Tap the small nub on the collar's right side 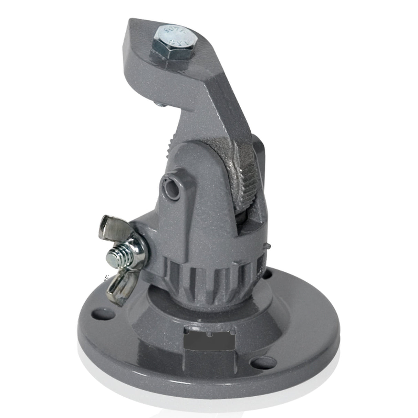pyautogui.click(x=266, y=247)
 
